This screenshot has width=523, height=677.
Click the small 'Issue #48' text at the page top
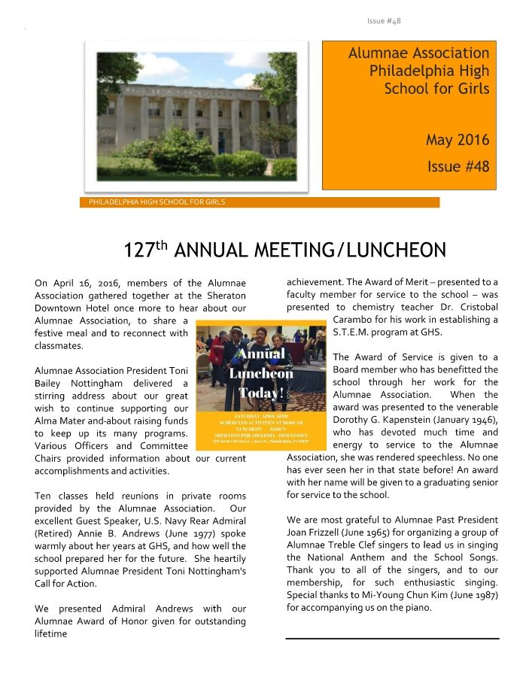pos(384,20)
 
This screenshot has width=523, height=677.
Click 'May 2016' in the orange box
pos(457,140)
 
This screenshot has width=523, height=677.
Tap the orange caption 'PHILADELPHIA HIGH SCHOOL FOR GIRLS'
pos(157,202)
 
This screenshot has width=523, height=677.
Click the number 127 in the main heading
pos(139,250)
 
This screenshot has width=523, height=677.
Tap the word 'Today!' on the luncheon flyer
pos(261,392)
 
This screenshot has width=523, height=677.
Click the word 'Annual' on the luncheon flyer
pos(261,354)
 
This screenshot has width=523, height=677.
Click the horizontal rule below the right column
pos(392,638)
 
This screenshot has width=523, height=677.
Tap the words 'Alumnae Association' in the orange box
pos(418,53)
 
